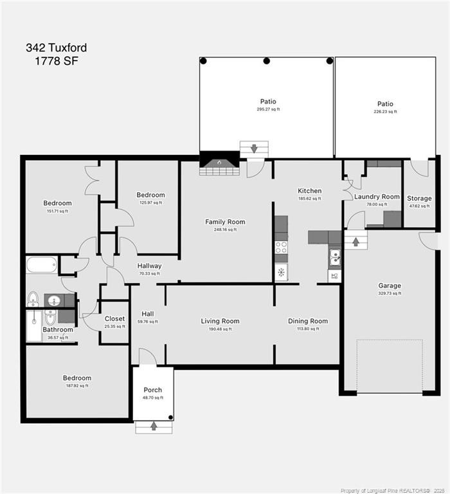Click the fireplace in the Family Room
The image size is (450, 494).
pyautogui.click(x=219, y=163)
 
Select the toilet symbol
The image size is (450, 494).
pyautogui.click(x=33, y=299)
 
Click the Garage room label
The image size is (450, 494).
pyautogui.click(x=390, y=286)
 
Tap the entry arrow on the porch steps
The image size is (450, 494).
pyautogui.click(x=154, y=426)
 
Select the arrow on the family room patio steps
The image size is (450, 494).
pyautogui.click(x=254, y=149)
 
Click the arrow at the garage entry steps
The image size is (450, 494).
pyautogui.click(x=355, y=242)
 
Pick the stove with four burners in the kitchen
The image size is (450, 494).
pyautogui.click(x=281, y=248)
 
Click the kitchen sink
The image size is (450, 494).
pyautogui.click(x=334, y=259)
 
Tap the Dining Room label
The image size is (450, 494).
pyautogui.click(x=307, y=321)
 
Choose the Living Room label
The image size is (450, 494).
pyautogui.click(x=220, y=321)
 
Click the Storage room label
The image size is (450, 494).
pyautogui.click(x=419, y=198)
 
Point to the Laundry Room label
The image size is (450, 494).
pyautogui.click(x=377, y=197)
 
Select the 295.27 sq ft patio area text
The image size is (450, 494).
pyautogui.click(x=268, y=109)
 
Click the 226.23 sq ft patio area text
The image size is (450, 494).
pyautogui.click(x=385, y=112)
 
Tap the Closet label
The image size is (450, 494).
pyautogui.click(x=114, y=318)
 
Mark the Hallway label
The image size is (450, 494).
pyautogui.click(x=149, y=266)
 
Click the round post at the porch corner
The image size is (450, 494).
pyautogui.click(x=170, y=417)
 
